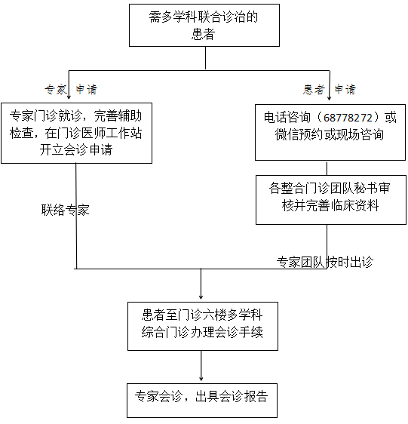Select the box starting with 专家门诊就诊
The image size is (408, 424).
click(x=76, y=133)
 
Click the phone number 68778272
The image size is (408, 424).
click(x=350, y=118)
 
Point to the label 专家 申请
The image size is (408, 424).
click(x=71, y=89)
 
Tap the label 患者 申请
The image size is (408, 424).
click(x=330, y=89)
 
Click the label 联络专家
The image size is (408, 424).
click(x=65, y=210)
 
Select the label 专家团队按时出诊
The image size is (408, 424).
click(x=324, y=262)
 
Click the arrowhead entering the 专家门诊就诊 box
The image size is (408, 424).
click(x=70, y=99)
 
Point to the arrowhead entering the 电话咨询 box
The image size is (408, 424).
click(x=329, y=99)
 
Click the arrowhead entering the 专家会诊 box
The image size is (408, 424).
click(x=201, y=376)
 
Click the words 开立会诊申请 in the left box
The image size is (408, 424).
click(x=76, y=150)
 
